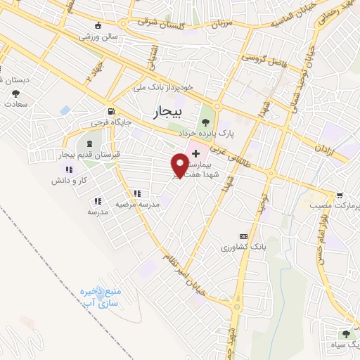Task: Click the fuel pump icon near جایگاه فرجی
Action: (x=110, y=111)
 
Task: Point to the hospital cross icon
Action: (x=195, y=153)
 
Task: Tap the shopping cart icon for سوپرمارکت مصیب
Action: (x=340, y=195)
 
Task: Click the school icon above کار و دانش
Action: (x=68, y=170)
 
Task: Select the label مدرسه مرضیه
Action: (x=139, y=203)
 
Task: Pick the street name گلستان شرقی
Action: (x=160, y=21)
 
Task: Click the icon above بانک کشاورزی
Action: (x=243, y=236)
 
